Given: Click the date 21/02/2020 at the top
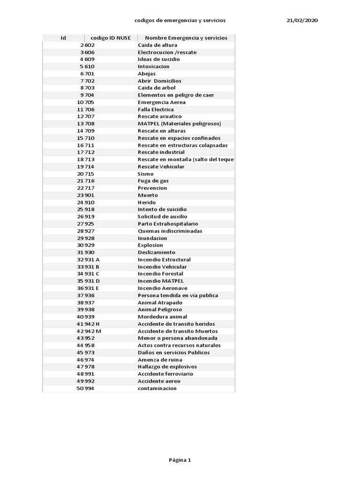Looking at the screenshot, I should [302, 21].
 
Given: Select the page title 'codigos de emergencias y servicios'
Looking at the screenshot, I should [180, 21].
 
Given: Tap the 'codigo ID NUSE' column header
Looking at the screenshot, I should [111, 38].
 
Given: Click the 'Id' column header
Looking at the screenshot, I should [63, 38].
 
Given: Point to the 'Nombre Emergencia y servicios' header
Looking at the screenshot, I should [186, 38].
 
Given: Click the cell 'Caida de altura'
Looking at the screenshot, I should [157, 45].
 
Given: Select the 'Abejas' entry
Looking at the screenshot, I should [147, 74].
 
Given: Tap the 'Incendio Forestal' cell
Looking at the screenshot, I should [160, 274].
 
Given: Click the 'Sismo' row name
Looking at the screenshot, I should [146, 174].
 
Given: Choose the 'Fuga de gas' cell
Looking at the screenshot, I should [153, 181].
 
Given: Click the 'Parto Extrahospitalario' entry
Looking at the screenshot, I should [168, 224].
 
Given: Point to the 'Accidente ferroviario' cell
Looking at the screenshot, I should [165, 374].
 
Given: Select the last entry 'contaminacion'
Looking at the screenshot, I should [157, 389].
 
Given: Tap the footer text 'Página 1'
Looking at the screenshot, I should [180, 460].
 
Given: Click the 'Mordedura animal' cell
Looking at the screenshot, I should [162, 317].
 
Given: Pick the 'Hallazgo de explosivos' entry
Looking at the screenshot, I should [167, 367].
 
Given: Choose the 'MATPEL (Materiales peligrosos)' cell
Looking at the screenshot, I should [180, 124].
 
